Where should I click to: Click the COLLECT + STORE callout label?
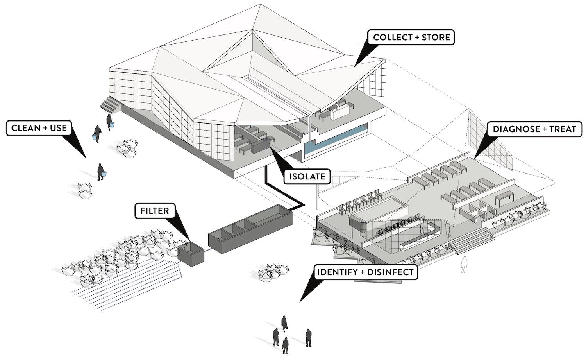pyautogui.click(x=411, y=38)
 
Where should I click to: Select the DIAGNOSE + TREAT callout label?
pyautogui.click(x=534, y=129)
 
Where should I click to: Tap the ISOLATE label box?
pyautogui.click(x=307, y=177)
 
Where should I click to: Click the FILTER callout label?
pyautogui.click(x=155, y=211)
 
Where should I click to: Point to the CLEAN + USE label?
pyautogui.click(x=39, y=128)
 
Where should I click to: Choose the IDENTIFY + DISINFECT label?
pyautogui.click(x=365, y=272)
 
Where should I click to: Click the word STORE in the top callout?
pyautogui.click(x=436, y=38)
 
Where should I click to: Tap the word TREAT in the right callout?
pyautogui.click(x=563, y=129)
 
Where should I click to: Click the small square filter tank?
pyautogui.click(x=191, y=254)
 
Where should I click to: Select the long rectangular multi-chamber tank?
pyautogui.click(x=250, y=229)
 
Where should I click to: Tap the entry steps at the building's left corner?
pyautogui.click(x=110, y=104)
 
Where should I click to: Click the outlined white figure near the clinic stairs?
pyautogui.click(x=464, y=265)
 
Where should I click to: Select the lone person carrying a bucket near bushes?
pyautogui.click(x=101, y=172)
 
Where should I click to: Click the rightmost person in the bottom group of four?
pyautogui.click(x=308, y=337)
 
